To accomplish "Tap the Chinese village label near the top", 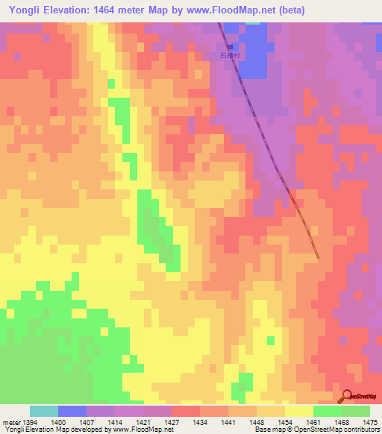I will pyautogui.click(x=228, y=55).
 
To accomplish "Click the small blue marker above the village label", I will pyautogui.click(x=230, y=46).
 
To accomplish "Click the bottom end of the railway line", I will pyautogui.click(x=319, y=258).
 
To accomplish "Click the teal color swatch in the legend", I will pyautogui.click(x=44, y=411).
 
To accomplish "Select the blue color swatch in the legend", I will pyautogui.click(x=72, y=411).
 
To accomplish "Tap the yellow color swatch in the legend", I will pyautogui.click(x=298, y=411).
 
